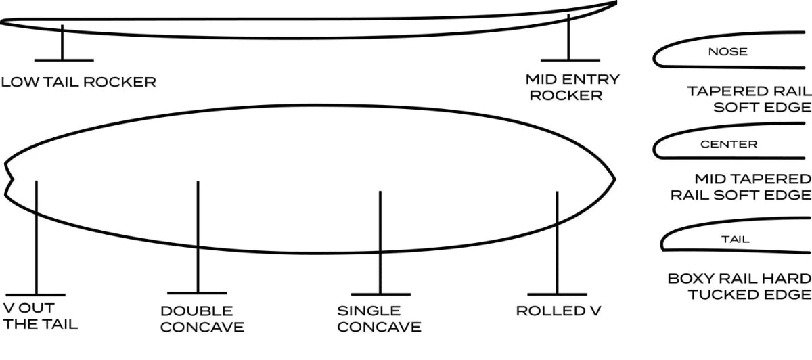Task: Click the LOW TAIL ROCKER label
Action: [78, 83]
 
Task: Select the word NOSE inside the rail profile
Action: [727, 51]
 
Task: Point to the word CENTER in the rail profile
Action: [728, 145]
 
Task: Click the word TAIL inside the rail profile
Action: [735, 239]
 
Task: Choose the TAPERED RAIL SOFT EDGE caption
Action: [749, 99]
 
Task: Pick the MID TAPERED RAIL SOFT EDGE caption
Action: [740, 187]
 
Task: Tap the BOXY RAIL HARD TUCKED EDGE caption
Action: [739, 286]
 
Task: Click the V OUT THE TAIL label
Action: [41, 316]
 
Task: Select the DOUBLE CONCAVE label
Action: [202, 319]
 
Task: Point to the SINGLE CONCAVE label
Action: [379, 319]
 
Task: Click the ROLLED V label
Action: [558, 311]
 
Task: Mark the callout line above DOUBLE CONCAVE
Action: [198, 237]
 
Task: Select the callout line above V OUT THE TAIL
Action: [36, 237]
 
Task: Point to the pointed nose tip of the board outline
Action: [614, 179]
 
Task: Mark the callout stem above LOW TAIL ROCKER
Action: [62, 43]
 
